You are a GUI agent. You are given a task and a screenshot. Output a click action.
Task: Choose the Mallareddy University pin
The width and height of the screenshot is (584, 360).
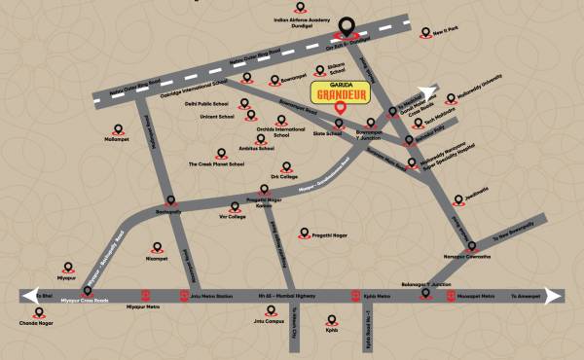[451, 97]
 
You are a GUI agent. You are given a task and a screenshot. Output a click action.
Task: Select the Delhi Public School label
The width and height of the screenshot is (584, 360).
[208, 102]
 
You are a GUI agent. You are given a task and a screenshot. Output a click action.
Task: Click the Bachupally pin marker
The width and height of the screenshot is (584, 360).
[171, 200]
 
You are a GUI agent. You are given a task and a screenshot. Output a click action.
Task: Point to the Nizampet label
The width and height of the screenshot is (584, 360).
[157, 259]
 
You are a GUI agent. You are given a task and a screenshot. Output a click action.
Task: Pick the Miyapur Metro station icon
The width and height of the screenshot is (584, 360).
[145, 295]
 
